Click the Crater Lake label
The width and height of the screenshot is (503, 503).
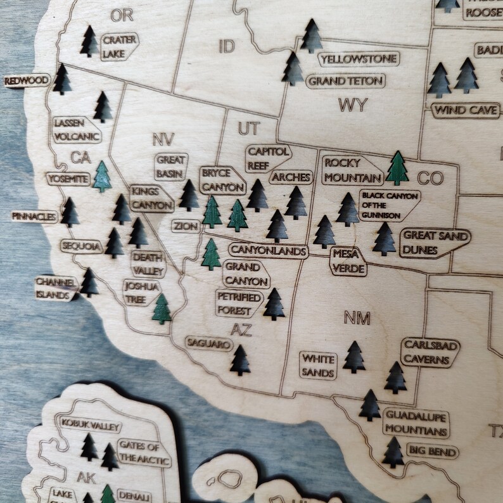[x=118, y=46]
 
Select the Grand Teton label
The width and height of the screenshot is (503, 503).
[x=346, y=81]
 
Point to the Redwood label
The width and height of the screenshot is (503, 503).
[x=27, y=80]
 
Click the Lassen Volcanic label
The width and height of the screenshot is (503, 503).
[x=77, y=129]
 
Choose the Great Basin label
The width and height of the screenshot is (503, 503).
[x=170, y=166]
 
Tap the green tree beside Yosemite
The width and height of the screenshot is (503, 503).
[x=101, y=177]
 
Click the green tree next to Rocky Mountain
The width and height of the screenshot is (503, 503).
[x=397, y=168]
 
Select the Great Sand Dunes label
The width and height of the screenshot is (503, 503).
[x=436, y=243]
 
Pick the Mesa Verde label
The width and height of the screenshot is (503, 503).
[x=348, y=261]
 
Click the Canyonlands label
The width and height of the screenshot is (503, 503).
[x=267, y=250]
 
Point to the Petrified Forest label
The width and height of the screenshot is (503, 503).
[x=239, y=303]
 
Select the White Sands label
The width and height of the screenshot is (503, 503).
[x=318, y=366]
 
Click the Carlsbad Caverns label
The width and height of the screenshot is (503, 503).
[x=430, y=352]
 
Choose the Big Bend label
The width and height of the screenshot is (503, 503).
[x=432, y=452]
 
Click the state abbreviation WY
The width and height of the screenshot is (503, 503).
[x=352, y=105]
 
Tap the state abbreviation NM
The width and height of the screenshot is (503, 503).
[x=357, y=317]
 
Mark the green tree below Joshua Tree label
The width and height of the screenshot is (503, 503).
[x=162, y=309]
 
